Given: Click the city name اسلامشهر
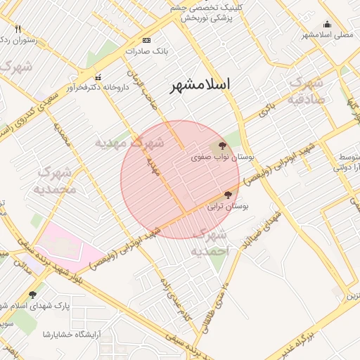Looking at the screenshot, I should click(200, 85).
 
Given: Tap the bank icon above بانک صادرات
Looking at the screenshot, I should click(146, 41).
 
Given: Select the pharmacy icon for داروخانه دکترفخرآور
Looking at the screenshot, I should click(98, 77).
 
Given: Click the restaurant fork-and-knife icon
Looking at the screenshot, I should click(18, 30).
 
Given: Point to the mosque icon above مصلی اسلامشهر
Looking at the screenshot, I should click(326, 23).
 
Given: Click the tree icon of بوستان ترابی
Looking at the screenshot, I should click(227, 195).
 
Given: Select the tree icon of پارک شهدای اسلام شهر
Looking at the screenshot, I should click(32, 295).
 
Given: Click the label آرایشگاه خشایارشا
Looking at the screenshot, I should click(70, 333).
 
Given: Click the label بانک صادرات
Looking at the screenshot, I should click(145, 51).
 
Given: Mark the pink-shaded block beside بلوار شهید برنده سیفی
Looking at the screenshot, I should click(67, 243).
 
